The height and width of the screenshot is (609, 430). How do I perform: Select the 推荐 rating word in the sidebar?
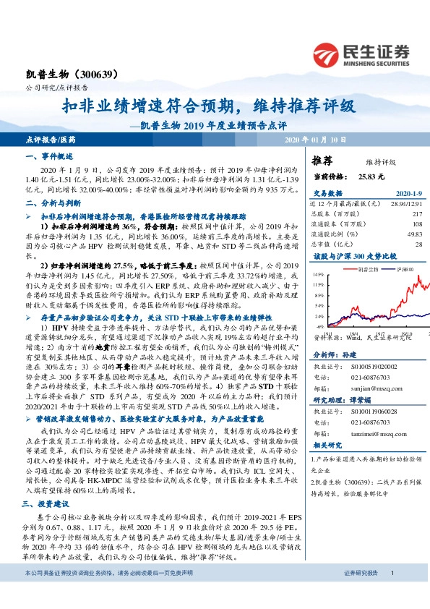point(322,161)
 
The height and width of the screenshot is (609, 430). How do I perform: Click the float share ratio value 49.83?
point(413,234)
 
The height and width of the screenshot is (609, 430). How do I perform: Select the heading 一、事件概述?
point(46,156)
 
